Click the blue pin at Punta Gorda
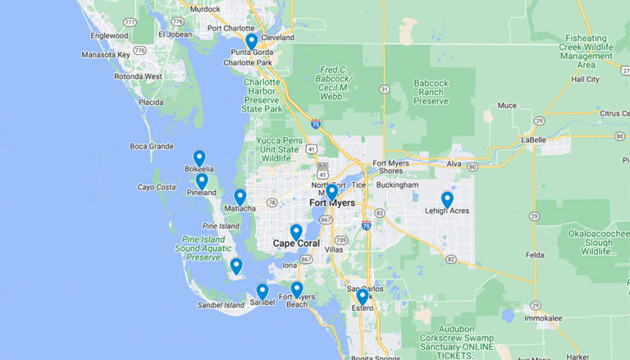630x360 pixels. (251, 41)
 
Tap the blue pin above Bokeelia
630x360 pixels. (199, 157)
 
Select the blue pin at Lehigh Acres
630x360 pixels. (447, 199)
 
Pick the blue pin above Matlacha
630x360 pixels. (240, 197)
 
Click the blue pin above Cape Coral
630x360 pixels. (295, 232)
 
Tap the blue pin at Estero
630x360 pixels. (362, 296)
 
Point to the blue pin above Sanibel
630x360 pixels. (262, 291)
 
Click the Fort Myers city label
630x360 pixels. (331, 203)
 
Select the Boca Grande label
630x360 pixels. (152, 147)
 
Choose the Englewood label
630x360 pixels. (110, 35)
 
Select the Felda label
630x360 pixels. (535, 256)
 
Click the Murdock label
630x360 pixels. (205, 9)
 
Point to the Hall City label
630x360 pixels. (586, 80)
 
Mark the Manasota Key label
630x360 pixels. (106, 55)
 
